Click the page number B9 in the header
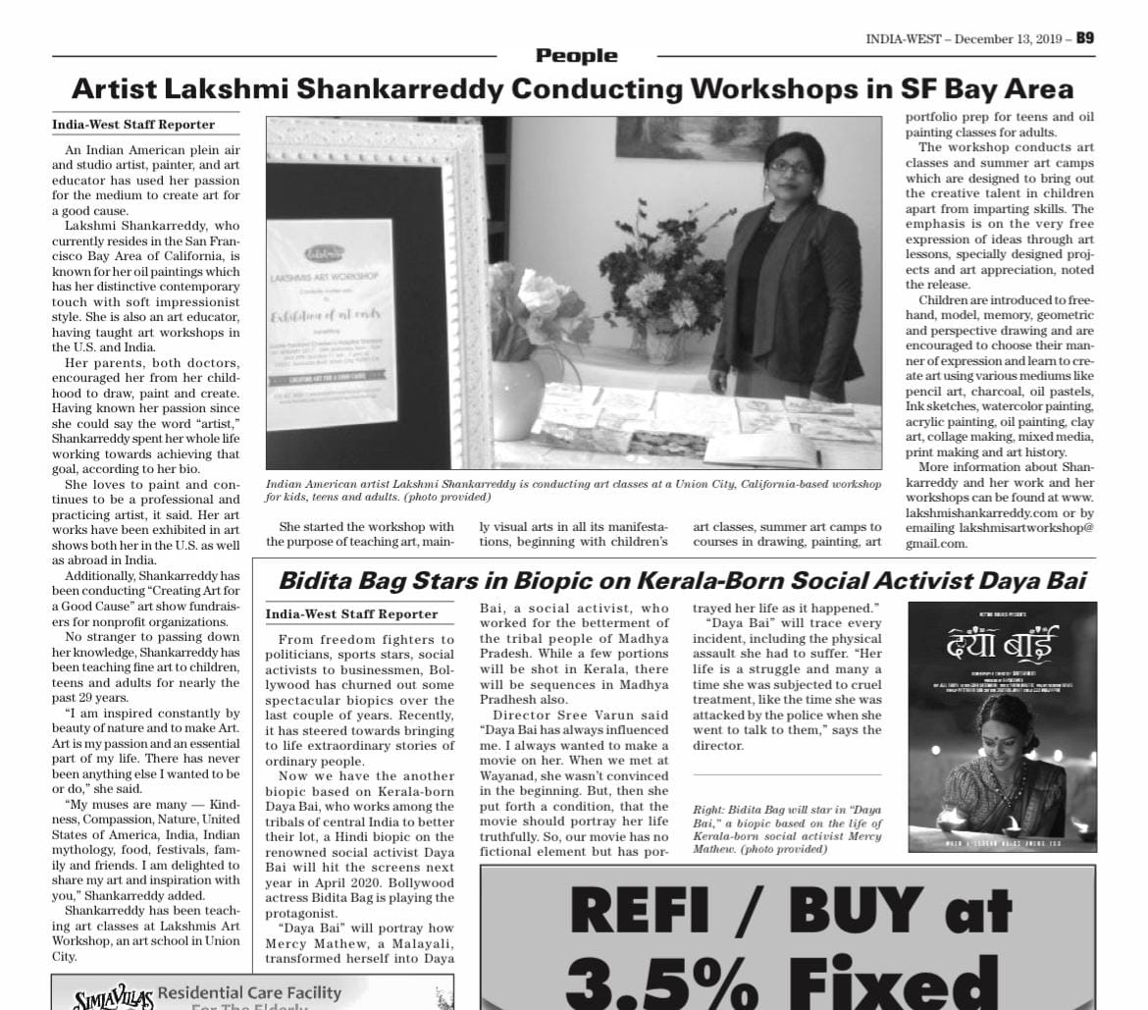[x=1084, y=38]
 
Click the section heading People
[x=576, y=56]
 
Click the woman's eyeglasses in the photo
[x=790, y=167]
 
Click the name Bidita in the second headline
[x=314, y=581]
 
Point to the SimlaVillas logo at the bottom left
[x=114, y=996]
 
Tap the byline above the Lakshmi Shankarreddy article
[x=133, y=125]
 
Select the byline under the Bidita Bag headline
[x=351, y=613]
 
